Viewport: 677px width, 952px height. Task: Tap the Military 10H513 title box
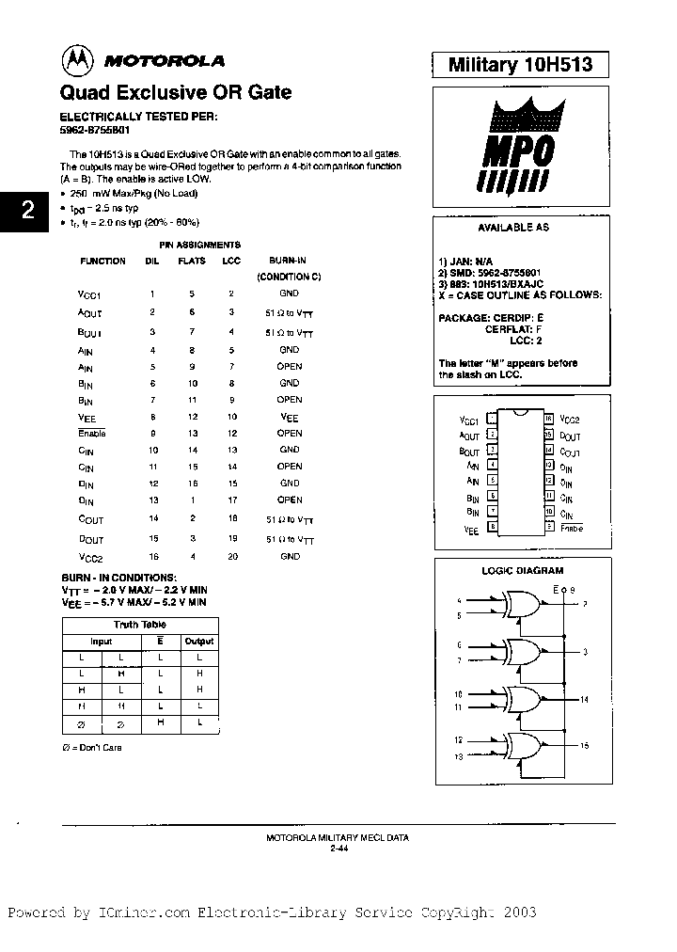coord(518,64)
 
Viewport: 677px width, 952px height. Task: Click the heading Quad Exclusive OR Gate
coord(176,92)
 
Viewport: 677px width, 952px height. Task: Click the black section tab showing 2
coord(27,210)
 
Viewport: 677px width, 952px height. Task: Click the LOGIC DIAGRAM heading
coord(522,570)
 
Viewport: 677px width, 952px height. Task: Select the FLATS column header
coord(192,261)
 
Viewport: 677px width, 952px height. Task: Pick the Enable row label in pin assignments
coord(92,434)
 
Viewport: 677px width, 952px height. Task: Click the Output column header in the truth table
coord(198,641)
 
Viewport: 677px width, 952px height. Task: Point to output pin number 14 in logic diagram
coord(584,700)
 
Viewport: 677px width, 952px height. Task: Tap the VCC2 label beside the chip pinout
coord(571,420)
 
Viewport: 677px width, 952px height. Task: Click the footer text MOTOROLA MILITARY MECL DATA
coord(338,836)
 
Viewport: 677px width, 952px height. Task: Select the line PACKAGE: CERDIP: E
coord(491,318)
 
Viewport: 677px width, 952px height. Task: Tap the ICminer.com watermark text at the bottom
coord(273,912)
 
